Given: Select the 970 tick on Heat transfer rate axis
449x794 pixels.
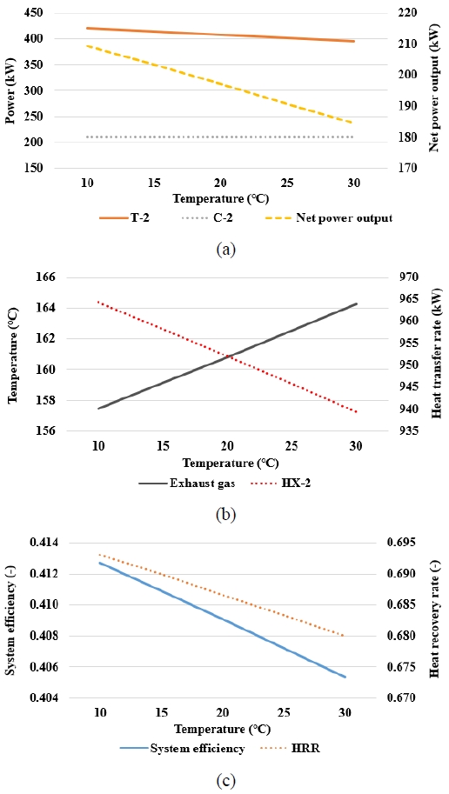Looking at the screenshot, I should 412,277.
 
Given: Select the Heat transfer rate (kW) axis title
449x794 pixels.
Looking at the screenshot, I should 438,354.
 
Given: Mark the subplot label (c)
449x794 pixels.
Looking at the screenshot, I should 226,781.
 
